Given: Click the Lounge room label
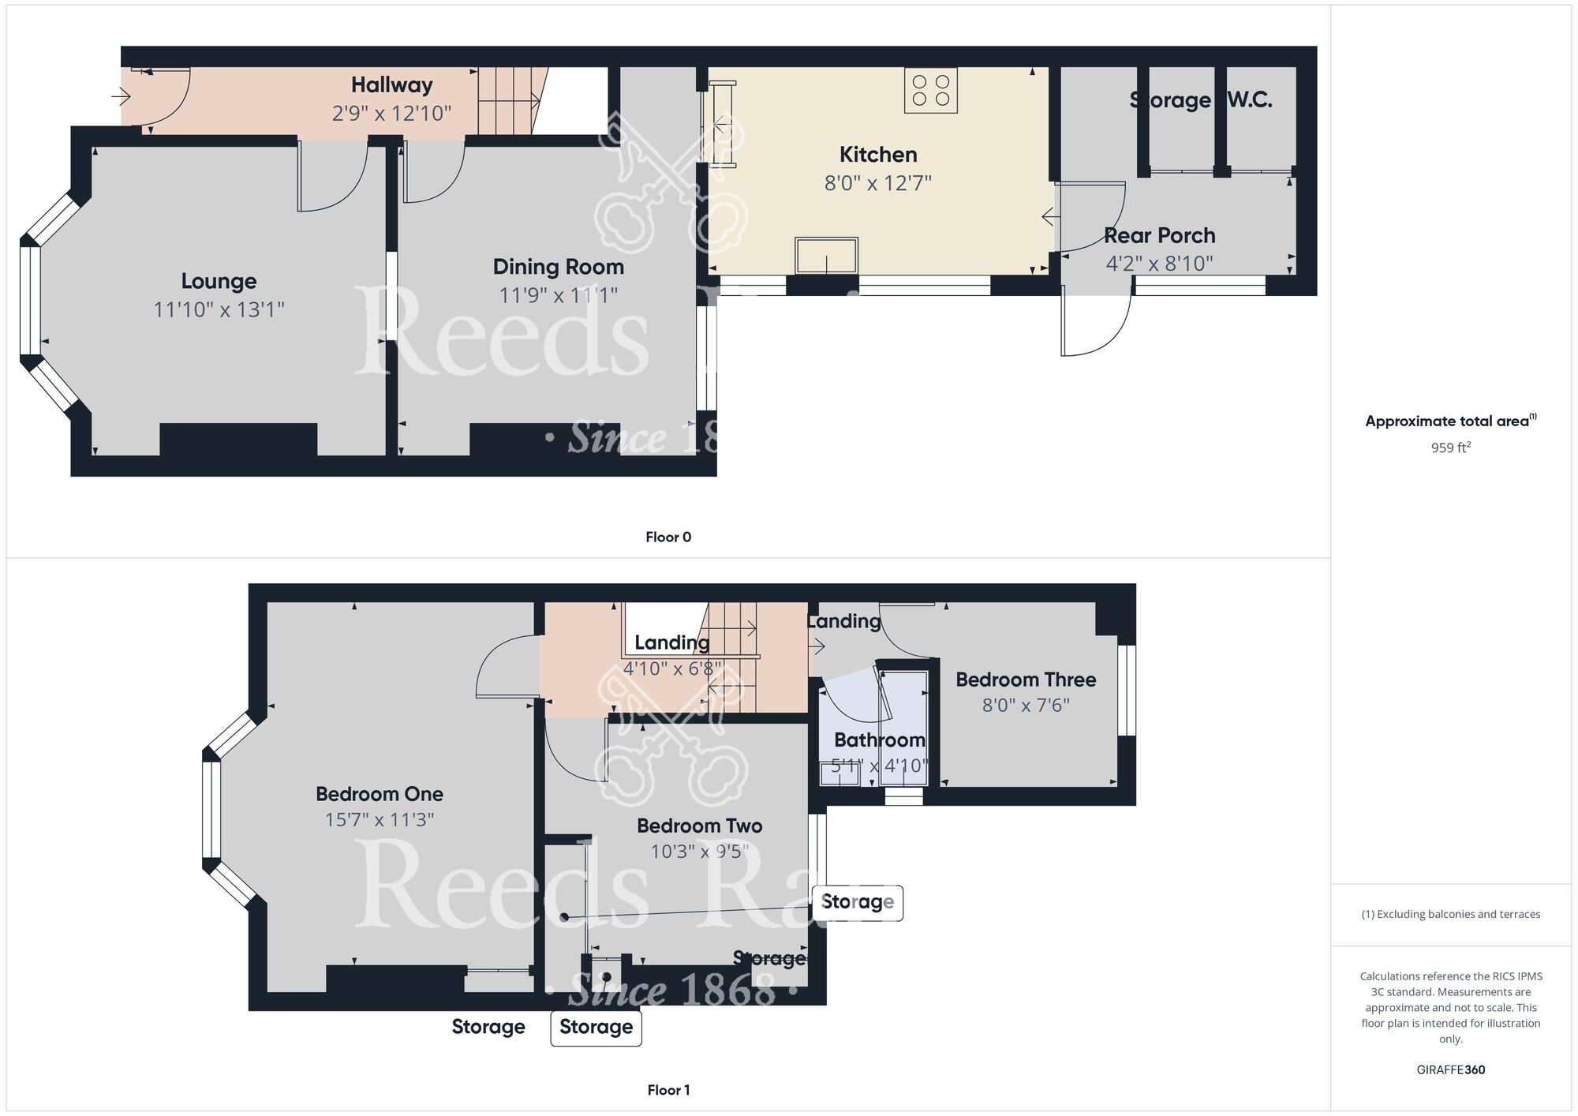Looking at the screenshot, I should tap(219, 281).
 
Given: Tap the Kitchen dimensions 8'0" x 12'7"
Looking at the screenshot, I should tap(877, 183).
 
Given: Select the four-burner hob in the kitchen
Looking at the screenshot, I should tap(931, 90).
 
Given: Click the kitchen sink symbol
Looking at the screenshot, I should tap(826, 255).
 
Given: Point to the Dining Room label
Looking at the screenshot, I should tap(558, 267).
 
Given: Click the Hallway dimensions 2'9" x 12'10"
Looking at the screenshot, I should tap(391, 113).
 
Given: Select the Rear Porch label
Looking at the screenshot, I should tap(1159, 235).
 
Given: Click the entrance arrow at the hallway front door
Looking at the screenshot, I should tap(121, 97).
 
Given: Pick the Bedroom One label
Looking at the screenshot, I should tap(380, 794).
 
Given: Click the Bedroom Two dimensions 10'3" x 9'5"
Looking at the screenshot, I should tap(699, 852).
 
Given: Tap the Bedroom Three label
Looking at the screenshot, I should tap(1026, 680).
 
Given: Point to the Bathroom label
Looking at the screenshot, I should tap(879, 740).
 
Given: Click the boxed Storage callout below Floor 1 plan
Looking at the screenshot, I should tap(596, 1027).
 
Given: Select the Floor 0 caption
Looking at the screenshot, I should tap(667, 537).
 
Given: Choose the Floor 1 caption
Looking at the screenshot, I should tap(667, 1090).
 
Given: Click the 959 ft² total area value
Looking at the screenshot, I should tap(1450, 448).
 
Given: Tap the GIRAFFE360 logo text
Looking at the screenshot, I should tap(1450, 1070).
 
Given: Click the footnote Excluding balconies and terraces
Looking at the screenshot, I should tap(1450, 915).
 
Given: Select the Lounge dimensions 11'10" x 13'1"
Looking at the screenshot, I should tap(219, 309).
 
